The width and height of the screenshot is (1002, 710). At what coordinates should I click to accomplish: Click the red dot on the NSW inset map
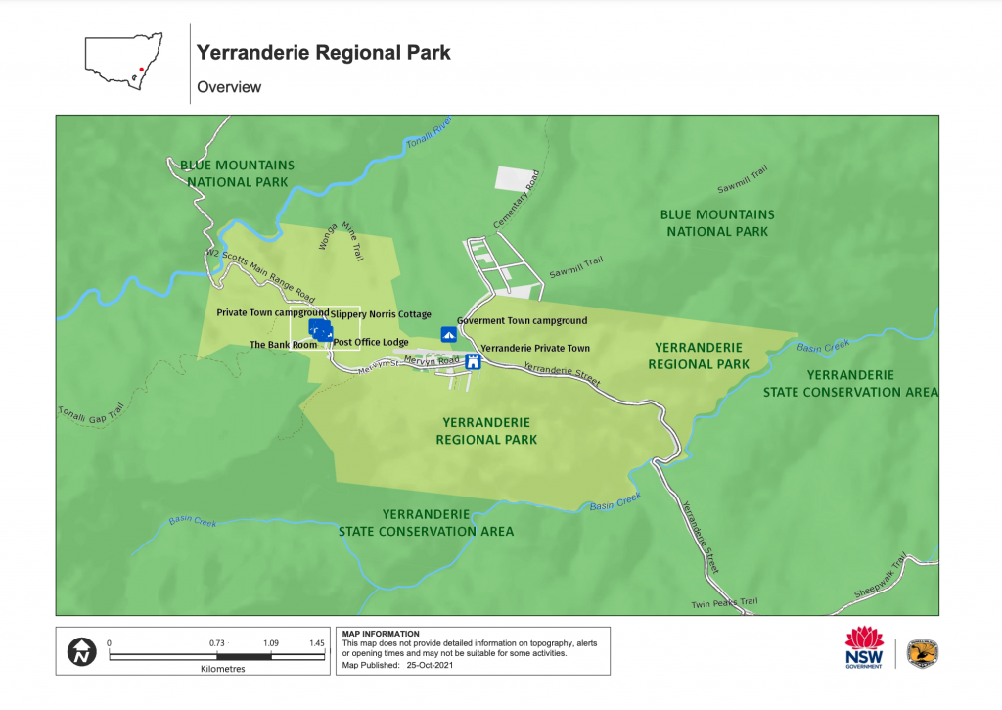[143, 71]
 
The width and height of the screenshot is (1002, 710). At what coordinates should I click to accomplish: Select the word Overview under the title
[229, 87]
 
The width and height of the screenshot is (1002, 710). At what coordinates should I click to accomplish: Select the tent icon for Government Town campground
[449, 334]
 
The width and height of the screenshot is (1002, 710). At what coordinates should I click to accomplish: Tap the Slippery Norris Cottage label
[381, 314]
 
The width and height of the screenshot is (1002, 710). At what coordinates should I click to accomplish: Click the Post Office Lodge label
[370, 342]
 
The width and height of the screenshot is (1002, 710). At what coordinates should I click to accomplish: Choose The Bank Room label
[284, 345]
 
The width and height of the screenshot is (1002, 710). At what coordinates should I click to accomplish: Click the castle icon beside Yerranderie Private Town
[474, 361]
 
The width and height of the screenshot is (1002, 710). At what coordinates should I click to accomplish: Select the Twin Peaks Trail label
[724, 602]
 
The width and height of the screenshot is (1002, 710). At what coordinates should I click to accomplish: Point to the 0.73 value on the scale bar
[217, 642]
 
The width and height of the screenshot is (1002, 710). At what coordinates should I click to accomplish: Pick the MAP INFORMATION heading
[379, 634]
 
